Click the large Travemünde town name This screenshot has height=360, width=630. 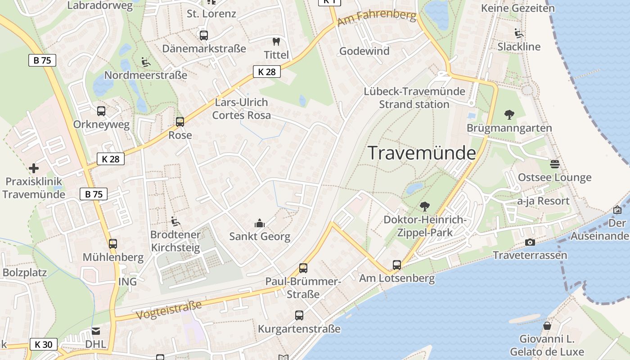pos(422,153)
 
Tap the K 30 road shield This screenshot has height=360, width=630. pos(44,345)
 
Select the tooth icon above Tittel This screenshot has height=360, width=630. pos(276,42)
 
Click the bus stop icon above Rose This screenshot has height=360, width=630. pos(180,121)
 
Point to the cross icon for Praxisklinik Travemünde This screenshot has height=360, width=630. pos(34,169)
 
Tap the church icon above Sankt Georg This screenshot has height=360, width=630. pos(260,223)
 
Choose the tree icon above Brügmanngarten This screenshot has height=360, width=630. pos(509,115)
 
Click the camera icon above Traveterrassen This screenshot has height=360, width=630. pos(530,243)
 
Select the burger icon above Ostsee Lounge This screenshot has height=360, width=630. pos(555,164)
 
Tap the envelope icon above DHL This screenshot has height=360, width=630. pos(96,332)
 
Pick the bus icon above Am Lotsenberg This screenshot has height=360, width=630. pos(396,265)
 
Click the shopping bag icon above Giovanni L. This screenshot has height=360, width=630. pos(547,326)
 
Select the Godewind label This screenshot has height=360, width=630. pos(364,51)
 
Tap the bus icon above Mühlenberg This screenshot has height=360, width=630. pos(112,244)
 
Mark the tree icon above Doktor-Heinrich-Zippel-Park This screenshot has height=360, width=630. pos(424,207)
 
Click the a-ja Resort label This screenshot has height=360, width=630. pos(543,201)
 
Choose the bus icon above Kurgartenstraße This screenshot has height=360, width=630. pos(299,315)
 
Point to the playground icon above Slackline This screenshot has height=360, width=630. pos(518,33)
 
